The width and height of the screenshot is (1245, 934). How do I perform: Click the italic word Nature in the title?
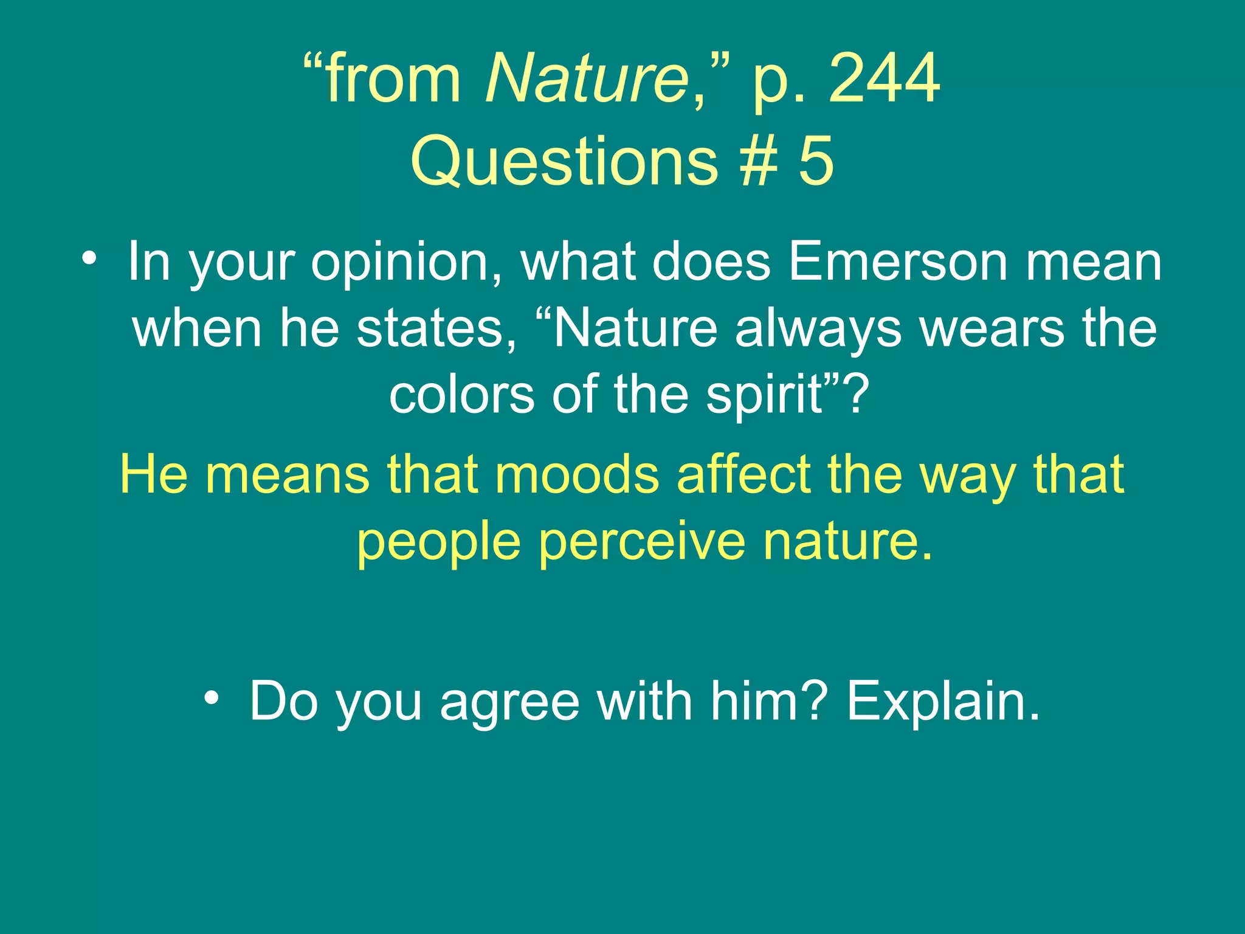click(x=587, y=79)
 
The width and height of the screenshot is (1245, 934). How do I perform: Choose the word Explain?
click(x=943, y=702)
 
